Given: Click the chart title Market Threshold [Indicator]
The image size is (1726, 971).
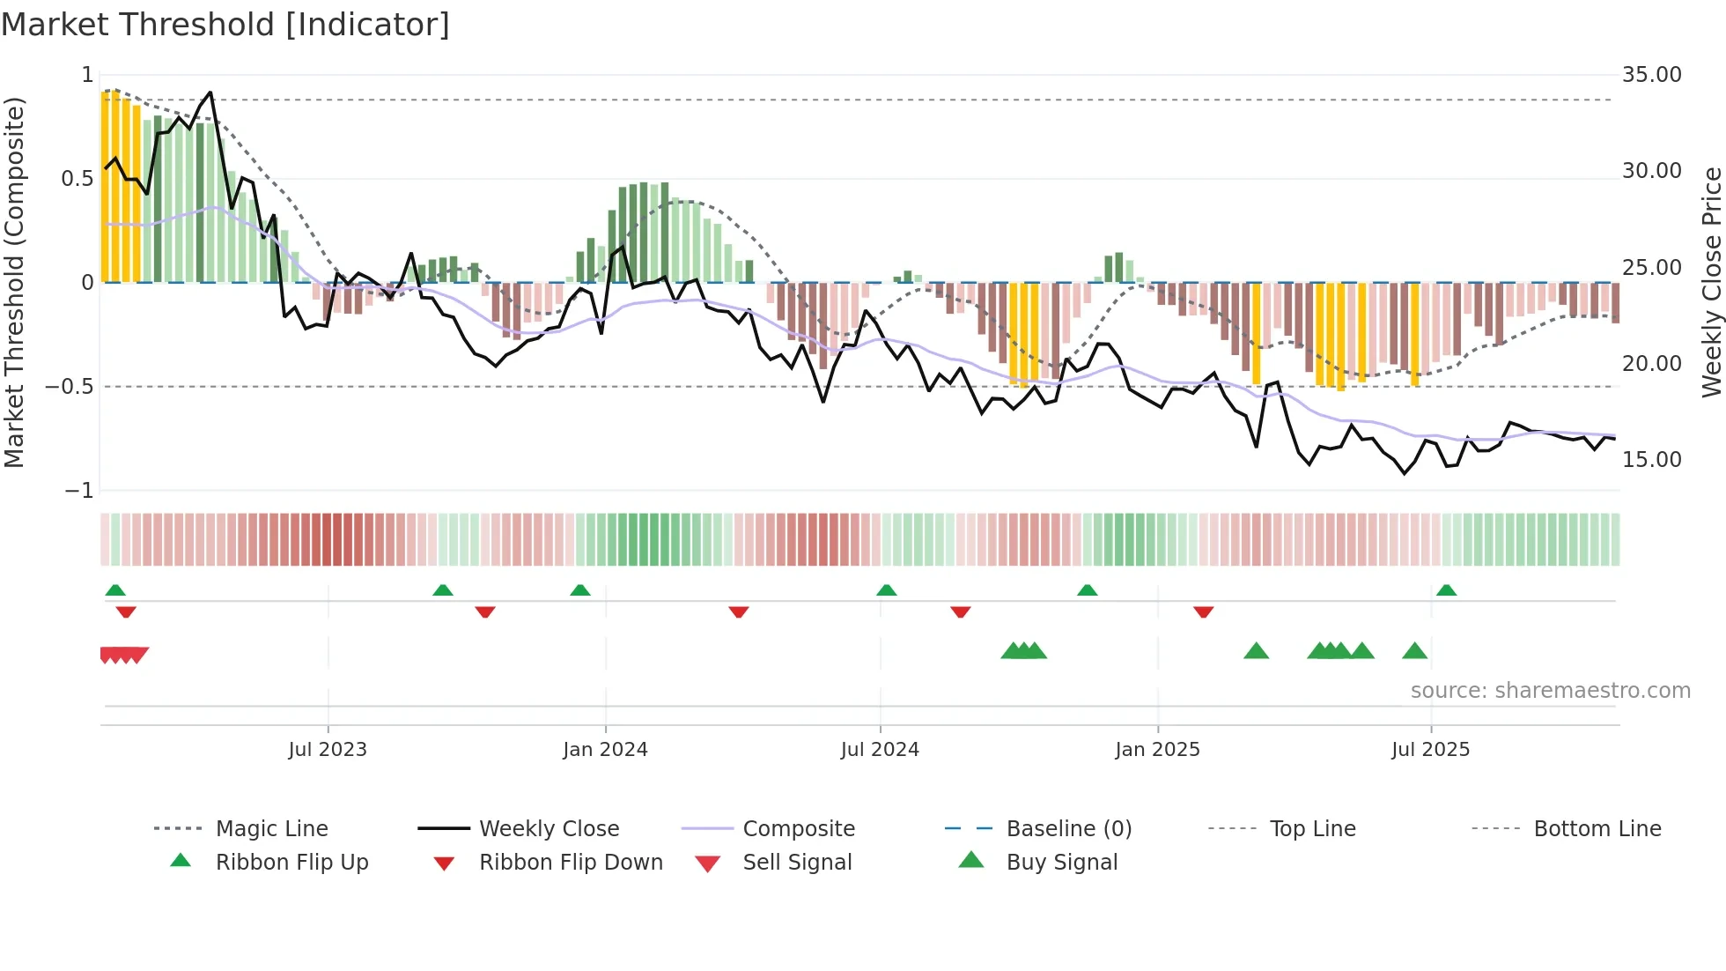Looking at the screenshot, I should click(225, 25).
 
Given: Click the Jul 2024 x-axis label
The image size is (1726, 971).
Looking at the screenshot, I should click(880, 750).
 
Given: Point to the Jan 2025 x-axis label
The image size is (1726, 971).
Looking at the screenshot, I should click(1157, 750).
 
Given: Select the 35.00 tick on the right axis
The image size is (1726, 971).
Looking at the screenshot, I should click(1651, 75).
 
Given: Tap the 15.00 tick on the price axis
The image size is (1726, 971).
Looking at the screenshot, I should click(1651, 460).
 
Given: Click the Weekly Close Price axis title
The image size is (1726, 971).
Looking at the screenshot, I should click(1711, 282).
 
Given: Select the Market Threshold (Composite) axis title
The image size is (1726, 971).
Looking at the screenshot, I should click(14, 282).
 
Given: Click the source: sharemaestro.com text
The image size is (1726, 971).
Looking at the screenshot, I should click(1550, 691).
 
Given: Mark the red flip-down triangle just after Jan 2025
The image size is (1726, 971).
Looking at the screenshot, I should click(1203, 612).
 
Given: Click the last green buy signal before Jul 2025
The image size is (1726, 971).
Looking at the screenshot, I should click(1414, 651).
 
